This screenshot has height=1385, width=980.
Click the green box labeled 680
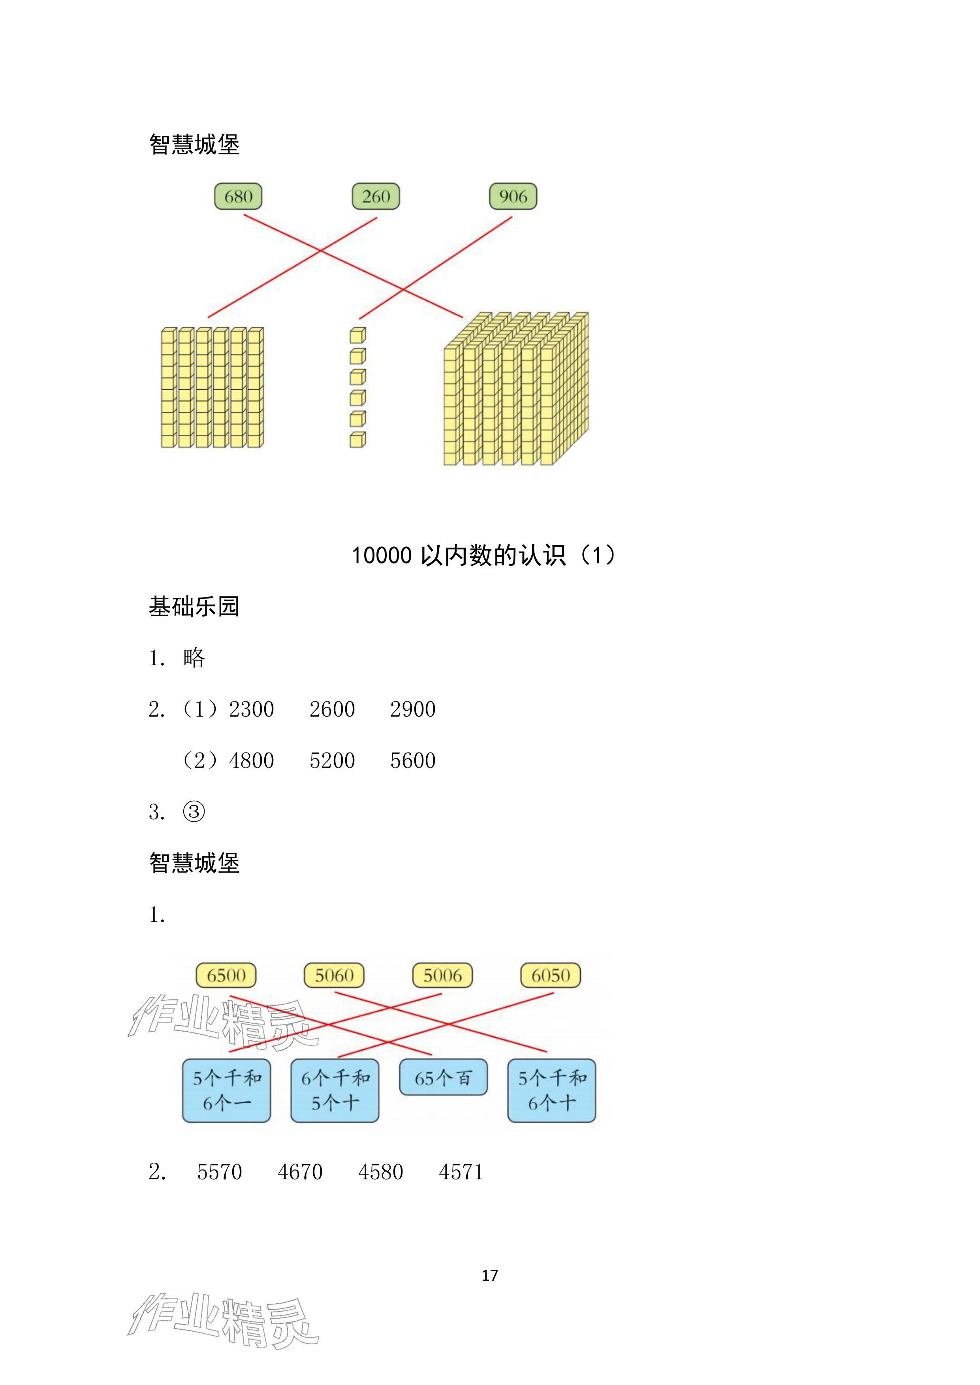pos(238,196)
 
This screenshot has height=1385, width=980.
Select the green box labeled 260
pos(376,196)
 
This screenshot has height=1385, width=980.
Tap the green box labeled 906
pos(513,196)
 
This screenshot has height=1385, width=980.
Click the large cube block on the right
pos(516,388)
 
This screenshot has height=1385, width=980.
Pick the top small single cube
pos(358,335)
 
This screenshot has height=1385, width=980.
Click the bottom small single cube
pos(358,440)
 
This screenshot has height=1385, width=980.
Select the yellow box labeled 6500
pos(226,976)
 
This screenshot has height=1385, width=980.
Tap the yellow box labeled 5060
pos(334,976)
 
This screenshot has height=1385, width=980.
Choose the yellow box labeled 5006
pos(442,976)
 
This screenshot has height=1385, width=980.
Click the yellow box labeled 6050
pos(550,976)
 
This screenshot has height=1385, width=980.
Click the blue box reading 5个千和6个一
pos(226,1090)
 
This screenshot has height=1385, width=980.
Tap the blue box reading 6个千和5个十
pos(335,1090)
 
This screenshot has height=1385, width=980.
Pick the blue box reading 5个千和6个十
pos(551,1090)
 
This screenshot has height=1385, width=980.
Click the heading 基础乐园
pos(194,606)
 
